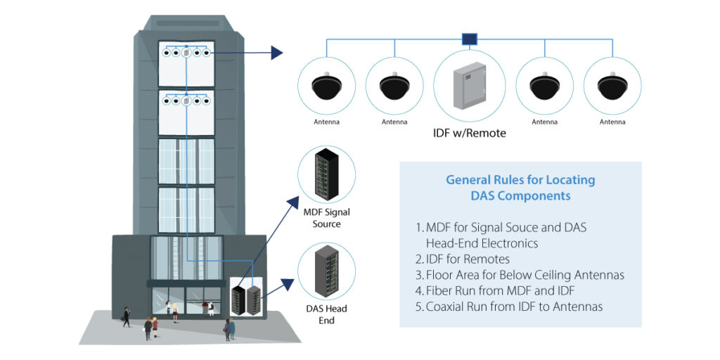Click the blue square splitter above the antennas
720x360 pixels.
tap(469, 39)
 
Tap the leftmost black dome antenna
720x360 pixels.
tap(327, 86)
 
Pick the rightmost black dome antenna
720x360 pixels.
tap(612, 86)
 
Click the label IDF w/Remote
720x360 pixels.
tap(469, 132)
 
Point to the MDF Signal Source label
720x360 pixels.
tap(326, 217)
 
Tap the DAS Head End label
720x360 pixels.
tap(326, 314)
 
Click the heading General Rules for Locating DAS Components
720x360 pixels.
tap(520, 188)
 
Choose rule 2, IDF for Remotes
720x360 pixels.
tap(463, 259)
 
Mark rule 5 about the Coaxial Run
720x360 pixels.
tap(509, 307)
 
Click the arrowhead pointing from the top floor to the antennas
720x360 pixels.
tap(277, 53)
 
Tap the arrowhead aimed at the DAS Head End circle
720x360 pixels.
tap(288, 284)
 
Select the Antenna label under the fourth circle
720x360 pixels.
tap(545, 122)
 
